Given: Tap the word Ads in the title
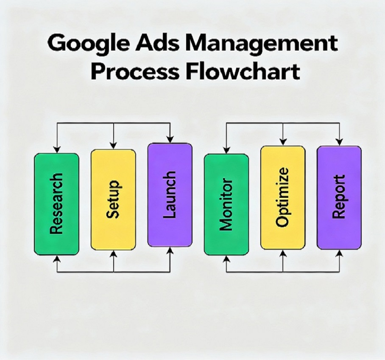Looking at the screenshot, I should click(x=160, y=44).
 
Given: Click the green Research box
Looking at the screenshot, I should click(x=56, y=204).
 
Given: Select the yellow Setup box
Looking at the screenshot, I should click(x=113, y=199).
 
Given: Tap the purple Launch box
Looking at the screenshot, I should click(x=170, y=195).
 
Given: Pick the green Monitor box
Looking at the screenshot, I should click(x=226, y=204).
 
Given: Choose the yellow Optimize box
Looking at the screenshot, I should click(x=282, y=197).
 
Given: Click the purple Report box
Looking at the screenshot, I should click(x=339, y=197).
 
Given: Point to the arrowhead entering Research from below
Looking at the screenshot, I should click(x=57, y=258).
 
